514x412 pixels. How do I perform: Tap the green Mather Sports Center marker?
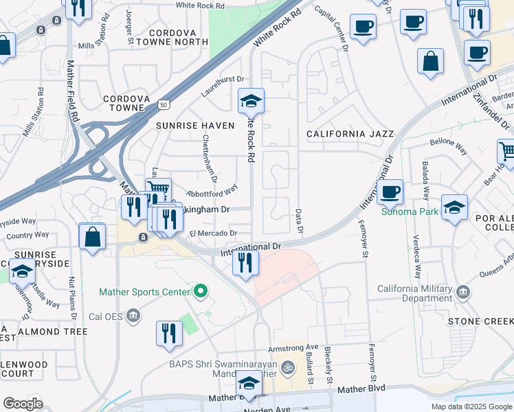(x=201, y=292)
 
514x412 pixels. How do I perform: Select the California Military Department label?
(x=415, y=293)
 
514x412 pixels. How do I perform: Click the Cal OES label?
(x=107, y=317)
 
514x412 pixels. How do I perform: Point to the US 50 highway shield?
(x=163, y=104)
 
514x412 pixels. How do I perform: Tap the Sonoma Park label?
(x=410, y=211)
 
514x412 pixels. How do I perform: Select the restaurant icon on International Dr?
(x=245, y=261)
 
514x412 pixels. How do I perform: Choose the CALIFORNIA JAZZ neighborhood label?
(x=350, y=134)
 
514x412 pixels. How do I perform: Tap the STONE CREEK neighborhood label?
(x=480, y=321)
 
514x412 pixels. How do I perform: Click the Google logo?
(x=23, y=404)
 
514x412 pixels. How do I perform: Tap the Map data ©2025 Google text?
(x=471, y=407)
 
